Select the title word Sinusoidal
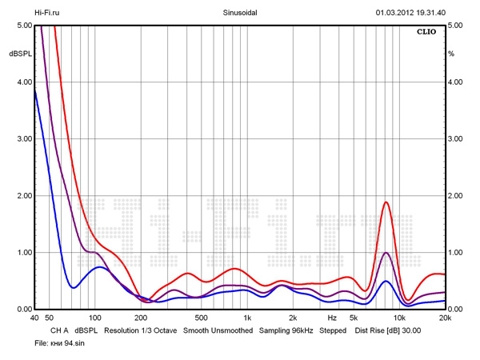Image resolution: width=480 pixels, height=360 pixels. tap(238, 13)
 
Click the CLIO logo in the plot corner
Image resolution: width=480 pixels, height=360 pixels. tap(427, 33)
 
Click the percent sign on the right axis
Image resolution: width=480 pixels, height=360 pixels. tap(451, 54)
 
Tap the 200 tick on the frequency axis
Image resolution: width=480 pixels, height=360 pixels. tap(141, 318)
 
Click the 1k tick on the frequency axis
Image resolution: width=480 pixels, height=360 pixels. tap(246, 318)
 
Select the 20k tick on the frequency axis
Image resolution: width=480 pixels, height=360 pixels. tap(445, 318)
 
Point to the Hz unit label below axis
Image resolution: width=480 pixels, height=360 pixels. tap(332, 318)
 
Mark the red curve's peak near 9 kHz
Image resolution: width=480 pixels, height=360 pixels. tap(386, 202)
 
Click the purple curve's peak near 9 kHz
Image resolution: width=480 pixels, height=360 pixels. tap(386, 253)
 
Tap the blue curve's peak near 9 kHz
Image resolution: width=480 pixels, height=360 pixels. tap(386, 281)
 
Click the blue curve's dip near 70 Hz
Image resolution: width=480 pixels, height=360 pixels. tap(73, 287)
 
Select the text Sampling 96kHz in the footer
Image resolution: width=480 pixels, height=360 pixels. tap(286, 330)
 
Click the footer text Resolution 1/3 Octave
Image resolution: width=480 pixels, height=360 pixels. tap(141, 330)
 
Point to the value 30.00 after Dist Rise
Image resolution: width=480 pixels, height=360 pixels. tap(410, 330)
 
